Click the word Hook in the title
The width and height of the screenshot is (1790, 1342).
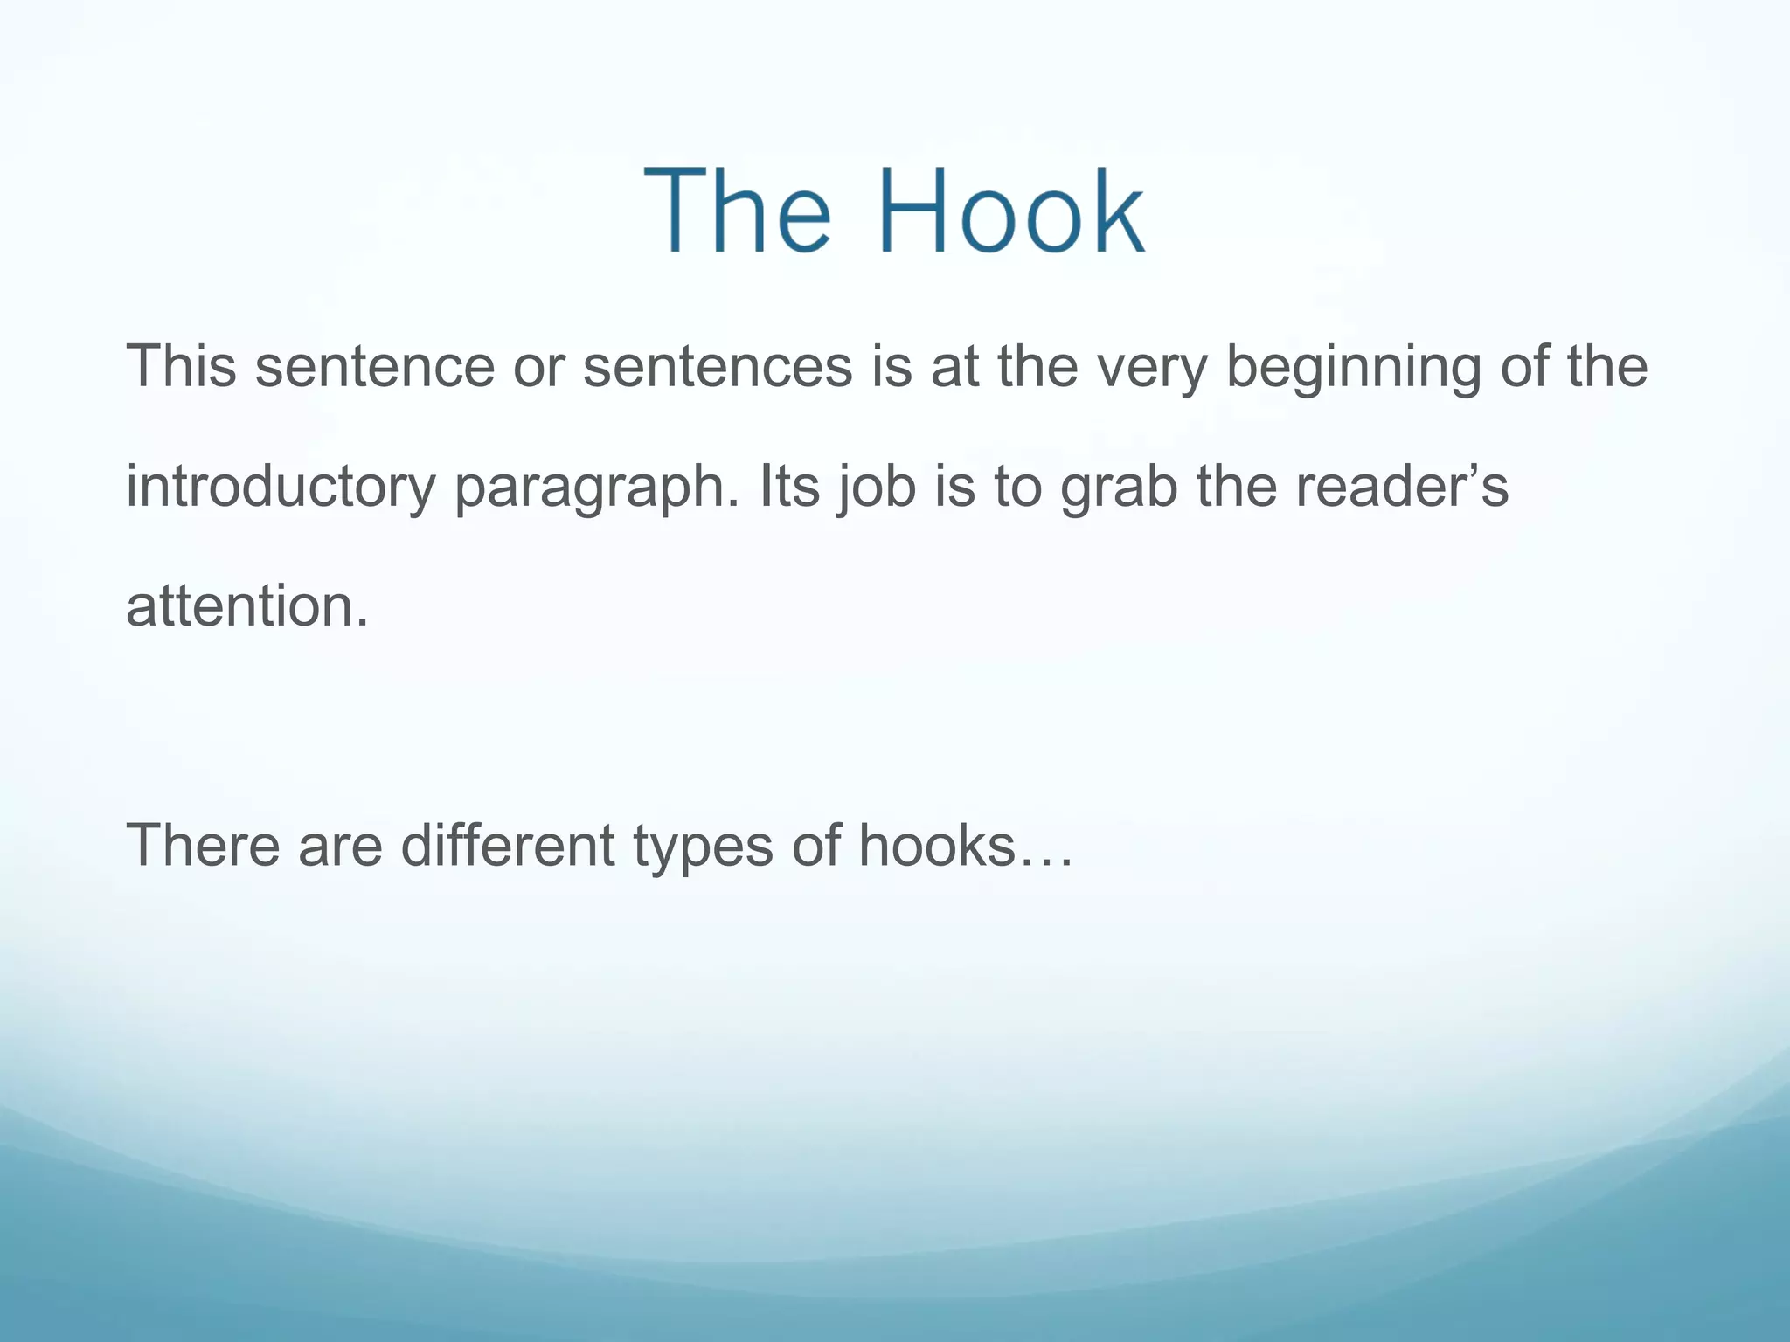pyautogui.click(x=1011, y=212)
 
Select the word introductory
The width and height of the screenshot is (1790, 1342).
pyautogui.click(x=280, y=487)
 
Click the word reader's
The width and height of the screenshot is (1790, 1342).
pyautogui.click(x=1401, y=487)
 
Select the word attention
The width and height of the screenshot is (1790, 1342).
pyautogui.click(x=247, y=606)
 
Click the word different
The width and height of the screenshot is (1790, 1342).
pyautogui.click(x=508, y=846)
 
